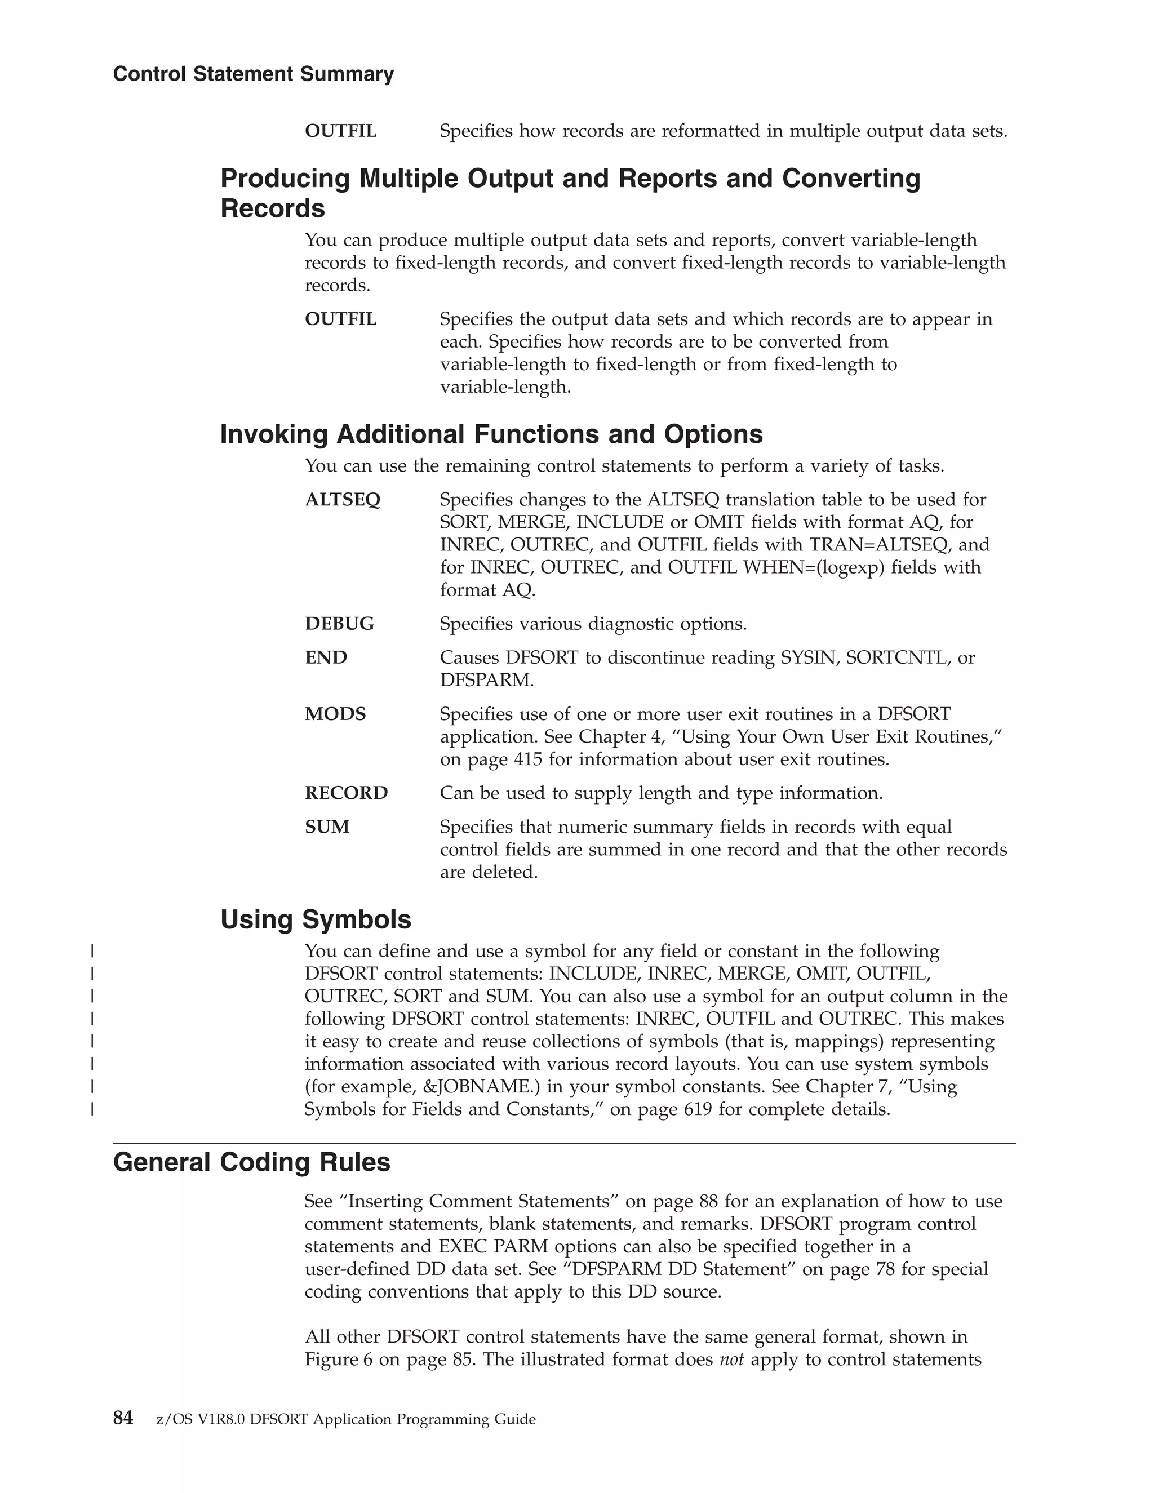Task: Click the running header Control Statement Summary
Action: click(x=253, y=74)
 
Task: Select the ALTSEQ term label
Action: click(x=343, y=500)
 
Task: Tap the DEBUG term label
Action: click(x=339, y=624)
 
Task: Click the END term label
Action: click(x=326, y=657)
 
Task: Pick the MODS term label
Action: click(x=335, y=714)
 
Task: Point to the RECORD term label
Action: click(x=346, y=793)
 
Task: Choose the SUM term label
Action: click(x=327, y=827)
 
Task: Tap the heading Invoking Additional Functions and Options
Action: click(x=491, y=434)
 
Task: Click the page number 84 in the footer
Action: click(x=123, y=1419)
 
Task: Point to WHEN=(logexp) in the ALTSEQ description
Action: click(x=817, y=567)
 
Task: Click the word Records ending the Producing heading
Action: click(x=272, y=208)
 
